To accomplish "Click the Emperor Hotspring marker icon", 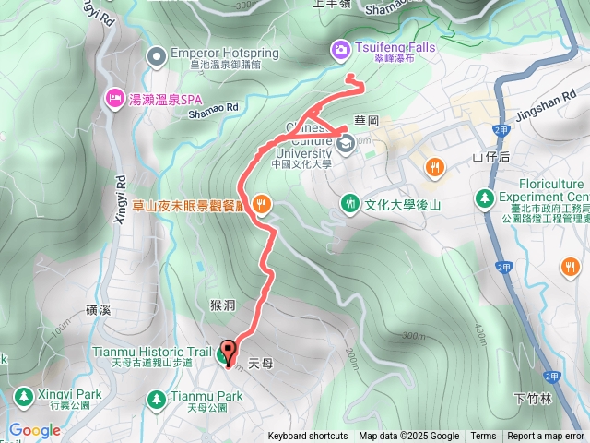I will [x=158, y=54].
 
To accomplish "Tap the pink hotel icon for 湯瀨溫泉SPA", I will [x=115, y=96].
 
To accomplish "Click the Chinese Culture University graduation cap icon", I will [x=346, y=141].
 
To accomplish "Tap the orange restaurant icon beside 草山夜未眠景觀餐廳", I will [x=262, y=203].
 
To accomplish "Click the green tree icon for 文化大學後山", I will [x=349, y=202].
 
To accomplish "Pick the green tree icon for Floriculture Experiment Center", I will [x=483, y=198].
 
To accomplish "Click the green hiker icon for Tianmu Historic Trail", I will [x=226, y=351].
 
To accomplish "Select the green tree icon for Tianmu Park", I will [x=156, y=398].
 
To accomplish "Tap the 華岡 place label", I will [x=366, y=121].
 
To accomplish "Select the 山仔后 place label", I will [x=490, y=157].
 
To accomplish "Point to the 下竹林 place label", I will [x=533, y=399].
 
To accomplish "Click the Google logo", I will [x=34, y=430].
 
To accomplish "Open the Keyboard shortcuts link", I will [x=308, y=437].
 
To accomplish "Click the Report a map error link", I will [x=546, y=437].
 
